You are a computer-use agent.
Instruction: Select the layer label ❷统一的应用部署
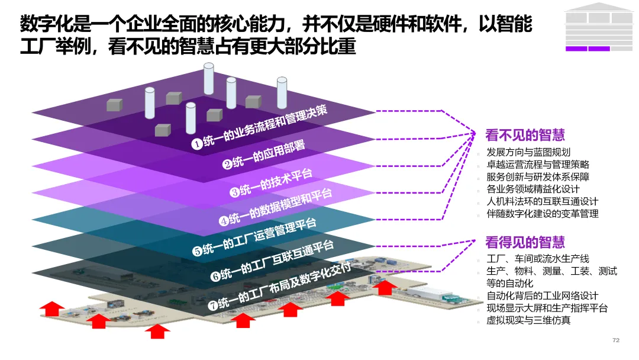tap(264, 154)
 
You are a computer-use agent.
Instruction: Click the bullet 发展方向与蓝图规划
tap(528, 152)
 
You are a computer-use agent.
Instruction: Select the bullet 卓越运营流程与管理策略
tap(538, 165)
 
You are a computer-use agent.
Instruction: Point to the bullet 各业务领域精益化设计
tap(533, 189)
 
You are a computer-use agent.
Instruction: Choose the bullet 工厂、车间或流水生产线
tap(538, 259)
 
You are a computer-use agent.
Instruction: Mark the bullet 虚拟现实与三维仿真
tap(528, 320)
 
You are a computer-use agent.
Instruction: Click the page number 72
tap(616, 340)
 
